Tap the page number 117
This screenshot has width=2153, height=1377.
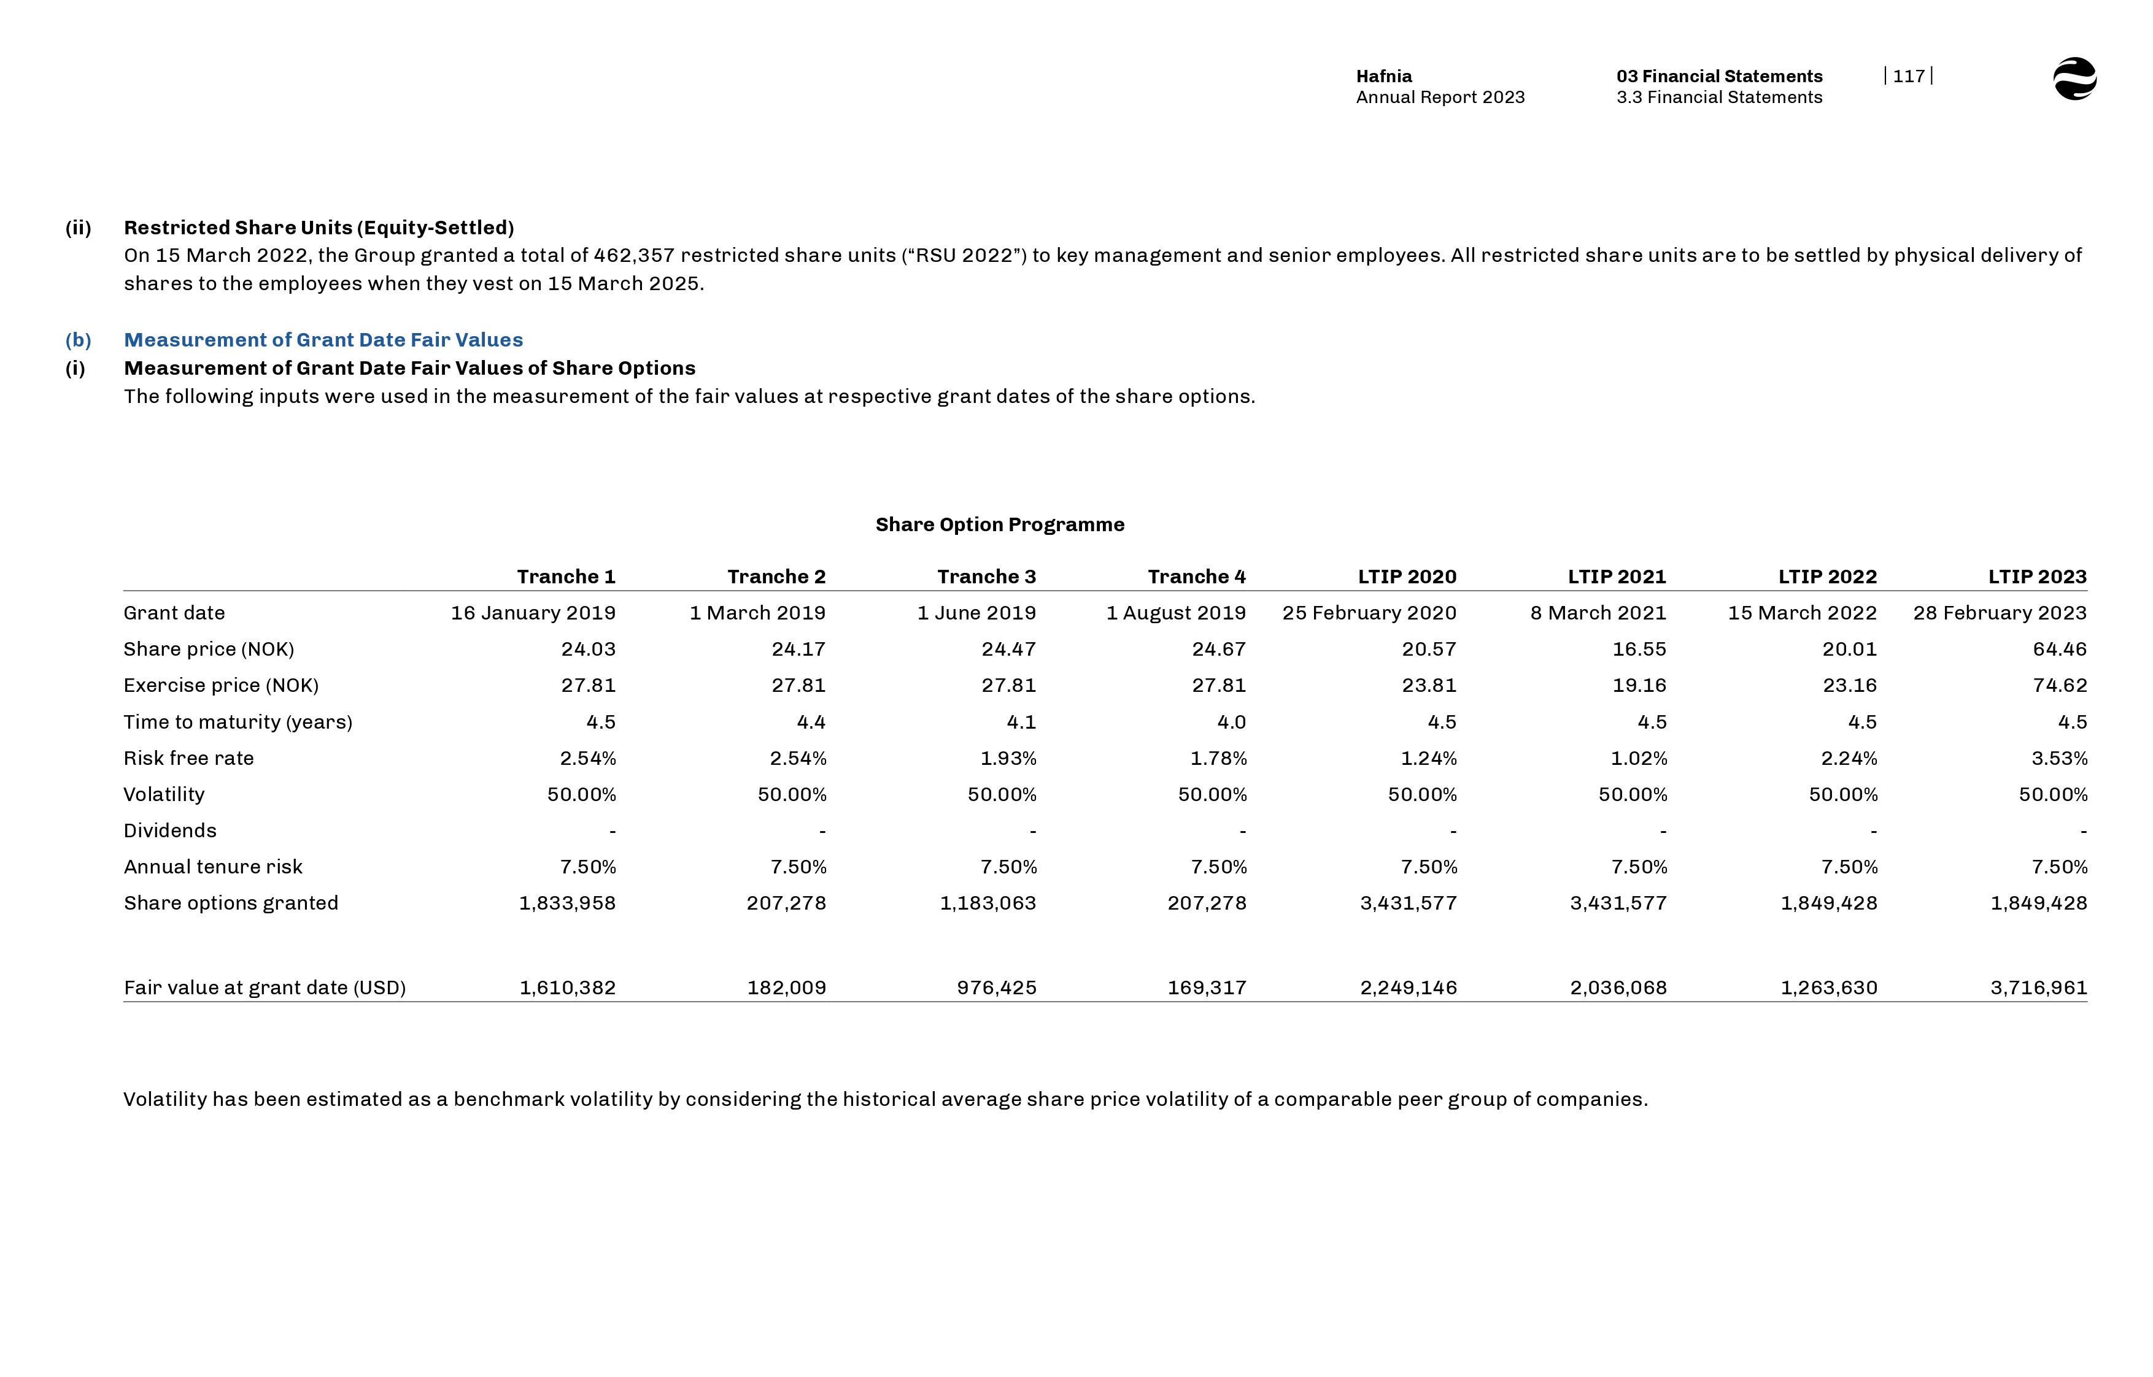tap(1908, 76)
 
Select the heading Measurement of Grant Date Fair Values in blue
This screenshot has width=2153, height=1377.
tap(323, 340)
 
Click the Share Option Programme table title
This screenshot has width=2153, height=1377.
tap(999, 525)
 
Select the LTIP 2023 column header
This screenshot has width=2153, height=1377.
tap(2037, 577)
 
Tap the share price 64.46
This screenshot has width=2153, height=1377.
tap(2059, 649)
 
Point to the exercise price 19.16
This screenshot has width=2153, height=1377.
tap(1639, 686)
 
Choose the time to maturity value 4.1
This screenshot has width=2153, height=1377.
tap(1021, 723)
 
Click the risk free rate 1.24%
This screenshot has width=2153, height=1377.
tap(1428, 758)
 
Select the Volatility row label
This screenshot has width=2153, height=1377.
tap(164, 795)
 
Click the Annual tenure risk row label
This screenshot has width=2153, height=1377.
tap(213, 867)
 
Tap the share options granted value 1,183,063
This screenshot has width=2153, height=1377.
tap(988, 903)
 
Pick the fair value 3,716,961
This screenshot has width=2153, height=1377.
tap(2038, 988)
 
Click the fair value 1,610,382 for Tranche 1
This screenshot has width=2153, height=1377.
tap(567, 988)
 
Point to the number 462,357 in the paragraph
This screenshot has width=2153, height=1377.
tap(633, 256)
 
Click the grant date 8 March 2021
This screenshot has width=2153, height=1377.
tap(1598, 613)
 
